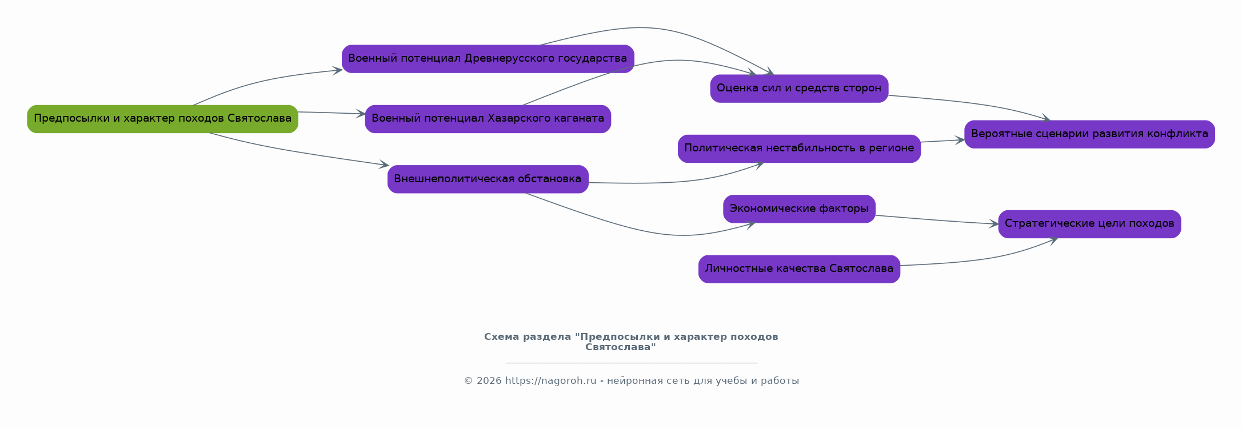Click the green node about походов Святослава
163,119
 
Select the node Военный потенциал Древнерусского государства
488,59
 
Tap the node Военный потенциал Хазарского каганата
488,119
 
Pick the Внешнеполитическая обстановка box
488,179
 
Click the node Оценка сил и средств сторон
799,89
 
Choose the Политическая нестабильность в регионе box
799,149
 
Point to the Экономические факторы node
799,209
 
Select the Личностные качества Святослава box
799,269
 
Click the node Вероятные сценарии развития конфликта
1089,134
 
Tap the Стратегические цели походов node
1089,224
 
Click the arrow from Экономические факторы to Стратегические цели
937,220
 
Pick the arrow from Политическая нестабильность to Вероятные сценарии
943,141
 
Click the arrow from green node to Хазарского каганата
332,113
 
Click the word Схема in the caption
500,337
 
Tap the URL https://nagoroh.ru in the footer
550,381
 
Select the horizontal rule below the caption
632,363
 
